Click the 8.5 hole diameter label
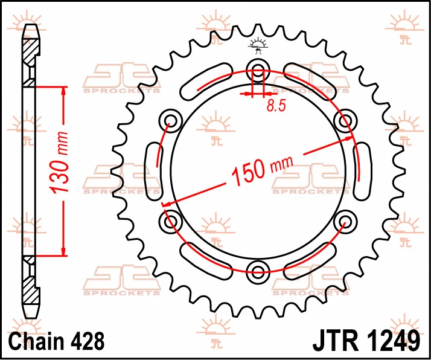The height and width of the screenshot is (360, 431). tap(276, 105)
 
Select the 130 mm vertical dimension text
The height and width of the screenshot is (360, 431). tap(59, 163)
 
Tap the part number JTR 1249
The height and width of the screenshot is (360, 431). tap(366, 341)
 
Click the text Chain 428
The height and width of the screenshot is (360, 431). tap(57, 341)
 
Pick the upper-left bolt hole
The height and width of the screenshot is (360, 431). tap(170, 121)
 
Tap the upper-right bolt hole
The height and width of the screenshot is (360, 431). tap(345, 121)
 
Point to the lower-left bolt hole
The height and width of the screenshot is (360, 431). tap(170, 221)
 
